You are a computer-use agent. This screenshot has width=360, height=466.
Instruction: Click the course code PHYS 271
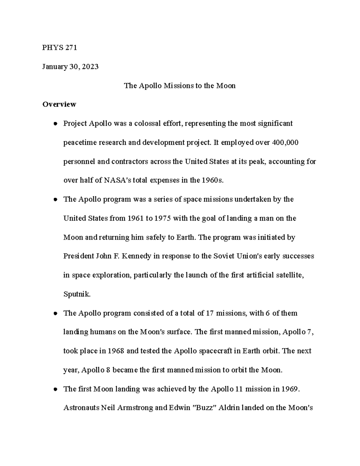pyautogui.click(x=60, y=48)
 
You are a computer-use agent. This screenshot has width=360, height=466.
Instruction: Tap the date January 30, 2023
pyautogui.click(x=70, y=67)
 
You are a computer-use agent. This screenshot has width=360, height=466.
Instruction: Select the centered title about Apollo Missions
pyautogui.click(x=180, y=86)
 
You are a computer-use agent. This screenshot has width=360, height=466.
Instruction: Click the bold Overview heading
pyautogui.click(x=59, y=104)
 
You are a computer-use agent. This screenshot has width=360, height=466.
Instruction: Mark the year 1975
pyautogui.click(x=162, y=218)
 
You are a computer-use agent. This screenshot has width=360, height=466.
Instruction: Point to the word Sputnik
pyautogui.click(x=77, y=294)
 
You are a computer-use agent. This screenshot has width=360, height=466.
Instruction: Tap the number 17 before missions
pyautogui.click(x=209, y=313)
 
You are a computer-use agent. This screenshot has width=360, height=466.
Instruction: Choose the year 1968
pyautogui.click(x=116, y=351)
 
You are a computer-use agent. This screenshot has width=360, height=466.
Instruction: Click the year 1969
pyautogui.click(x=290, y=389)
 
